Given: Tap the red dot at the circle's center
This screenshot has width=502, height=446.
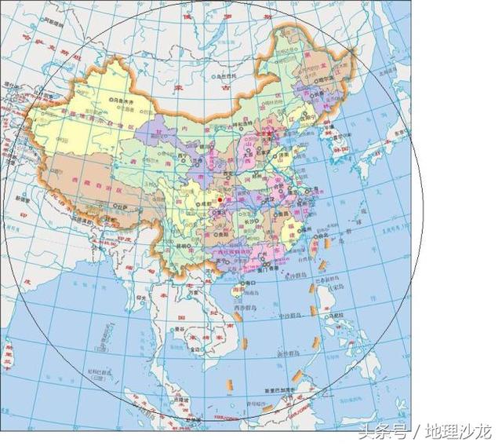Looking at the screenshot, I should [x=220, y=199].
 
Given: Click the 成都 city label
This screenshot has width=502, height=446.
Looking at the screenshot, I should [x=201, y=201].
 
